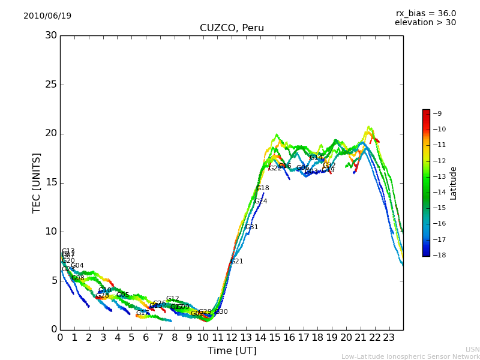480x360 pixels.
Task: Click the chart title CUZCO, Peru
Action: coord(232,28)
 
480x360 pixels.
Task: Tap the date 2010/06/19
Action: coord(47,16)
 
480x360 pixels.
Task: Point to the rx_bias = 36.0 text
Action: coord(425,14)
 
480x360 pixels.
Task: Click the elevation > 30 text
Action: coord(425,23)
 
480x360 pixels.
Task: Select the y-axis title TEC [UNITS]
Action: coord(37,182)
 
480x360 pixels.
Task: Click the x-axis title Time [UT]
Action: coord(232,351)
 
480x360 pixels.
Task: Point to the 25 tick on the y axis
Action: coord(51,85)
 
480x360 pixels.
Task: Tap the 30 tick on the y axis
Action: coord(51,35)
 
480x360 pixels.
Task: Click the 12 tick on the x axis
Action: coord(232,337)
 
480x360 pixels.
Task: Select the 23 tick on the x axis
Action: coord(389,337)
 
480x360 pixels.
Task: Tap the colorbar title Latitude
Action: coord(454,183)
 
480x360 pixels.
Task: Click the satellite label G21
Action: coord(237,262)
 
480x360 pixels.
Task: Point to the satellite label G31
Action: coord(252,227)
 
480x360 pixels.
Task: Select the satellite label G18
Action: coord(263,188)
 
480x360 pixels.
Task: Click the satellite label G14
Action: coord(316,158)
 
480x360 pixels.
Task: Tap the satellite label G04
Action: coord(77,266)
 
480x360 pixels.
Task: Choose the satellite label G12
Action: coord(173,299)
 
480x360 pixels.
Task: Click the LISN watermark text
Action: coord(472,349)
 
